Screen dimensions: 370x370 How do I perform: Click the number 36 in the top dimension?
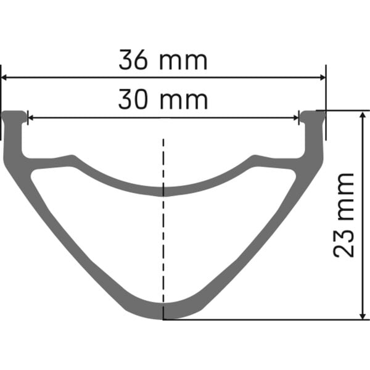(x=134, y=61)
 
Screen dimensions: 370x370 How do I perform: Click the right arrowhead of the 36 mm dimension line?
(x=321, y=78)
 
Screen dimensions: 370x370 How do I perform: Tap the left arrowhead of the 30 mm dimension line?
(x=32, y=115)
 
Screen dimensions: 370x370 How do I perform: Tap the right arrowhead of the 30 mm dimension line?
(x=294, y=115)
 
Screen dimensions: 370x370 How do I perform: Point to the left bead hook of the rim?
(x=16, y=115)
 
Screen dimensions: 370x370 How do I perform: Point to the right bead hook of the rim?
(x=311, y=115)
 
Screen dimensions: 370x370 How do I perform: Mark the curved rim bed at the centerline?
(x=163, y=190)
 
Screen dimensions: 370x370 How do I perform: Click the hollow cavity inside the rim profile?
(x=163, y=247)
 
